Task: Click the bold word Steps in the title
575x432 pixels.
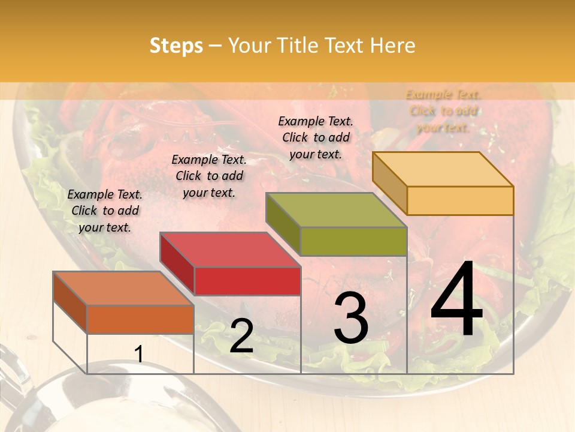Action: tap(176, 46)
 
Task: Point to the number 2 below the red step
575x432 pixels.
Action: tap(241, 336)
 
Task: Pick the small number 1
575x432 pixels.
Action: tap(138, 355)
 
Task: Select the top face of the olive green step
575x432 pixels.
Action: tap(336, 210)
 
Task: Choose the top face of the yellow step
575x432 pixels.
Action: tap(443, 169)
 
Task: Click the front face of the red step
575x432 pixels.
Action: tap(247, 281)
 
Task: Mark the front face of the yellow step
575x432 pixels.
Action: tap(460, 200)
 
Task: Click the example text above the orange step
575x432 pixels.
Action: tap(105, 211)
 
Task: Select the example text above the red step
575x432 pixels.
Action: tap(209, 176)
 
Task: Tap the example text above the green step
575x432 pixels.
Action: tap(316, 137)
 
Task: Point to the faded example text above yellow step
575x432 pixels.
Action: tap(443, 110)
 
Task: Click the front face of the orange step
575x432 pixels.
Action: tap(140, 319)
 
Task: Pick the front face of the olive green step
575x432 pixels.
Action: tap(353, 241)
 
